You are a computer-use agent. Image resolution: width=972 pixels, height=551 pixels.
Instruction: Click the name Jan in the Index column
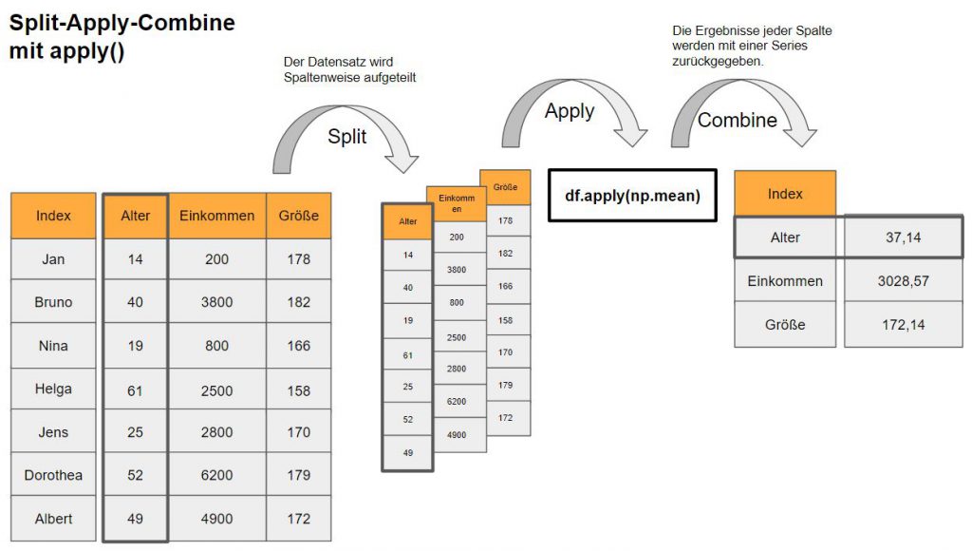tap(53, 259)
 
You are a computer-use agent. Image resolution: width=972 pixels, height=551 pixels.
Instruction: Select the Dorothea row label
tap(53, 475)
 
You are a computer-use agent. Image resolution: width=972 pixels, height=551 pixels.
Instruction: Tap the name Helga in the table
tap(53, 389)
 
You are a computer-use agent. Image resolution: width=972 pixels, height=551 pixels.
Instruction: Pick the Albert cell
tap(53, 519)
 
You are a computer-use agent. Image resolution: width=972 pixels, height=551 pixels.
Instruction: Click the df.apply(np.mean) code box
tap(632, 196)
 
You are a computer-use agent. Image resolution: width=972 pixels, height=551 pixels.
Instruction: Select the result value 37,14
tap(902, 237)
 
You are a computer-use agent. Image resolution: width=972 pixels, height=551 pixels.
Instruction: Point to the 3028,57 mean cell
tap(902, 281)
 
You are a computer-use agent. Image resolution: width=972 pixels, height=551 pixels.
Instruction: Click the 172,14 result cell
tap(902, 325)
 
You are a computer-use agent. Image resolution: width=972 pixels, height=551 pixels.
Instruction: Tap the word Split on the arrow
tap(347, 137)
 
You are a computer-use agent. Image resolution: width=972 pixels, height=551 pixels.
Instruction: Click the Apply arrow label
tap(570, 111)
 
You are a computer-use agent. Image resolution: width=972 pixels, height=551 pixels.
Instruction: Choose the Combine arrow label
tap(738, 121)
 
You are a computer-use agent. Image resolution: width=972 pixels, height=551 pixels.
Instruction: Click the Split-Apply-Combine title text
tap(122, 23)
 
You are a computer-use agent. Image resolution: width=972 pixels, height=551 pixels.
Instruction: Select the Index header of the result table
tap(785, 194)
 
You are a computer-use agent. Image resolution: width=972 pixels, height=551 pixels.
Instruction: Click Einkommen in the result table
tap(785, 281)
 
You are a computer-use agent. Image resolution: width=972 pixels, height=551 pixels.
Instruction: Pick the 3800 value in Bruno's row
tap(217, 302)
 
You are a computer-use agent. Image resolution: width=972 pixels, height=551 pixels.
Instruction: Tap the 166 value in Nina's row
tap(298, 346)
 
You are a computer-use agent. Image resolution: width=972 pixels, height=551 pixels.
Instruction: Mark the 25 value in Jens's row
tap(135, 432)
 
